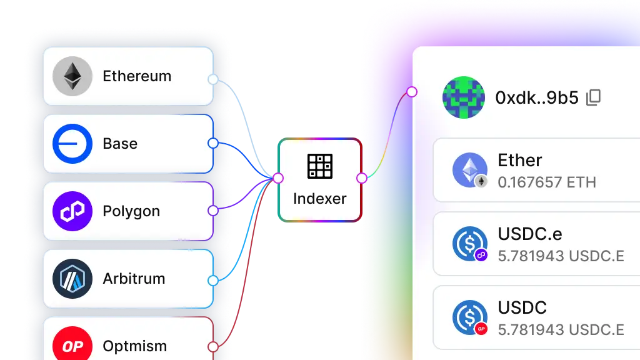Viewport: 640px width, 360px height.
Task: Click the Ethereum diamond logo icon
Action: [x=72, y=76]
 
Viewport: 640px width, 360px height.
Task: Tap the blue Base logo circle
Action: [x=72, y=144]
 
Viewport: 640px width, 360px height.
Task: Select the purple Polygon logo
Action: [x=72, y=211]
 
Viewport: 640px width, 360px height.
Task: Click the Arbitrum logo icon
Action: [x=72, y=279]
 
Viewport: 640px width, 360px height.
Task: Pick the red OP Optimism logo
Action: [x=72, y=346]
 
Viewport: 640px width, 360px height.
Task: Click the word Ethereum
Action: [x=137, y=76]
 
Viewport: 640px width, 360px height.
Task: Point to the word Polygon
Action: [x=131, y=211]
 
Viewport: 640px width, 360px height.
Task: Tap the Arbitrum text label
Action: [x=134, y=279]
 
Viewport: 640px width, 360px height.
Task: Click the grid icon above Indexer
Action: [x=320, y=166]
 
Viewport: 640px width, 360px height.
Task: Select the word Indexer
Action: [x=320, y=199]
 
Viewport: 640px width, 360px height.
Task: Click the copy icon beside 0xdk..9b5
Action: [x=594, y=97]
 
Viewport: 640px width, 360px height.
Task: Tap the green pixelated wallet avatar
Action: [x=464, y=97]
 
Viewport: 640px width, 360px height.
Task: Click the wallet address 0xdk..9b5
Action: [x=537, y=98]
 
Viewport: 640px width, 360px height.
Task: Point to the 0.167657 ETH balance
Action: [x=547, y=182]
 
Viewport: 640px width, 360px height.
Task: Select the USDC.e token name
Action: [x=530, y=234]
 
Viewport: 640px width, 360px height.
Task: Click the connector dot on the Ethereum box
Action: [x=212, y=79]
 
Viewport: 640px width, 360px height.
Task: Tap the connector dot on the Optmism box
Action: [x=212, y=346]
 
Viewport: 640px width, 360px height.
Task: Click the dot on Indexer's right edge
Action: [x=361, y=178]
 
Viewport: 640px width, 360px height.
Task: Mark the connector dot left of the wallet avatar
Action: [x=412, y=92]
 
